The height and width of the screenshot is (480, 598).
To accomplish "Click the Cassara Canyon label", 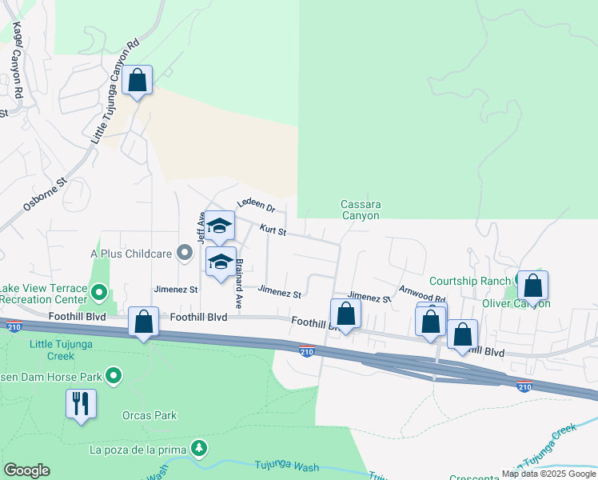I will (361, 210).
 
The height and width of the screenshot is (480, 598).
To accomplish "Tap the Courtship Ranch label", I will (469, 281).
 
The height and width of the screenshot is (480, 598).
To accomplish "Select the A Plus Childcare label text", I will (132, 254).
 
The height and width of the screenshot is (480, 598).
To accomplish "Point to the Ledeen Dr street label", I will (256, 206).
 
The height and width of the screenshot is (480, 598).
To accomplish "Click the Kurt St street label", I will (273, 230).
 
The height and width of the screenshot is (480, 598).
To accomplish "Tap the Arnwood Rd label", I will (422, 294).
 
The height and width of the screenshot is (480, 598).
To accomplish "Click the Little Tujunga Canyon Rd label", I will (116, 93).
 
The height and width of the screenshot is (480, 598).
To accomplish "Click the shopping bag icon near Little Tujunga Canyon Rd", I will (138, 80).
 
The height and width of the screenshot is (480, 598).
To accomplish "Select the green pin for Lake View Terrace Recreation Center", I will (99, 293).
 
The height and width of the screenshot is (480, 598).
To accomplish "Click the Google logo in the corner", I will (26, 470).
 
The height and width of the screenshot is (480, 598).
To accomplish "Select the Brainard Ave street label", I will (238, 284).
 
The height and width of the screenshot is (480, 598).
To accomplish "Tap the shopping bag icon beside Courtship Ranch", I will (533, 286).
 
